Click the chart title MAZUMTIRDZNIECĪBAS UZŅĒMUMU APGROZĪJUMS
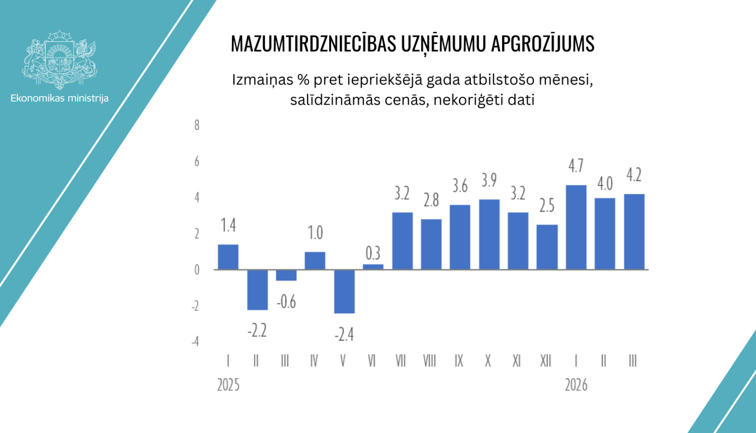(x=412, y=44)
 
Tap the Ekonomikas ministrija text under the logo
(x=59, y=98)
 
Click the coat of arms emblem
(x=59, y=59)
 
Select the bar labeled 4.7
(x=576, y=227)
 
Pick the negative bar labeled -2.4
(x=344, y=292)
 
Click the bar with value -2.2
(x=257, y=290)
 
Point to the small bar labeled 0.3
(x=373, y=267)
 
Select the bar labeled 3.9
(x=489, y=234)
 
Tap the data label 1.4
(x=228, y=226)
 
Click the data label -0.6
(x=286, y=302)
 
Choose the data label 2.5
(x=547, y=206)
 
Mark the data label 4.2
(x=634, y=175)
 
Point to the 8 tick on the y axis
(x=197, y=125)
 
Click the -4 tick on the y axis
(x=195, y=342)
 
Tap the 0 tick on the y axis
(x=197, y=270)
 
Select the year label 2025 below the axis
(x=228, y=385)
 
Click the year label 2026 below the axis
(x=576, y=385)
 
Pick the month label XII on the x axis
(x=546, y=361)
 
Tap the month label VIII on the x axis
(x=429, y=361)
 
